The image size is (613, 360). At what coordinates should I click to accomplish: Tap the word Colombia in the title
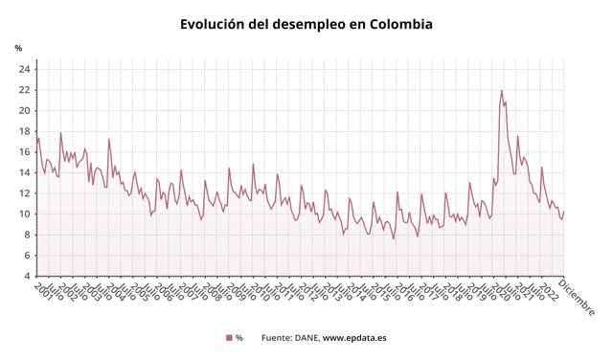tap(397, 23)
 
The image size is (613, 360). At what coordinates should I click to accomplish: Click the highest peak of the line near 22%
tap(501, 91)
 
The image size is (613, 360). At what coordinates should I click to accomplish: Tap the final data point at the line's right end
tap(564, 212)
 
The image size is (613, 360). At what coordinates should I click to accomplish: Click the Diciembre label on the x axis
tap(578, 298)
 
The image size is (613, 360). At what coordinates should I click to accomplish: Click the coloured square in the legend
tap(229, 338)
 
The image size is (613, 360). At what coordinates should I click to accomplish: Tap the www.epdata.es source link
tap(354, 338)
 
